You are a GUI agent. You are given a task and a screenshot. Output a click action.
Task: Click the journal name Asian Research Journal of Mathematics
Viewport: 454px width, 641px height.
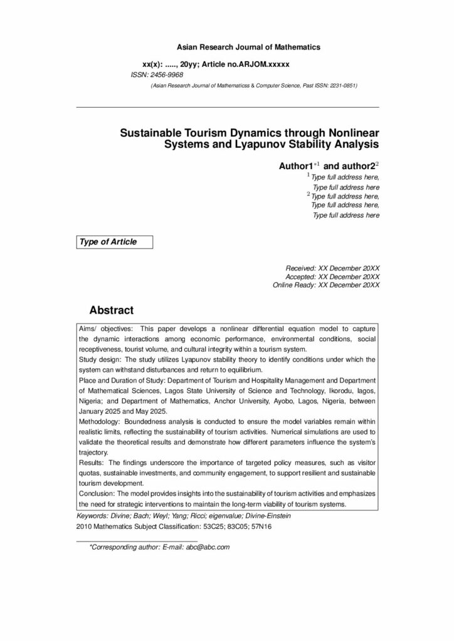click(x=248, y=47)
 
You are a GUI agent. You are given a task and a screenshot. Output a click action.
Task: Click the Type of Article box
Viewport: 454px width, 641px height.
click(x=113, y=242)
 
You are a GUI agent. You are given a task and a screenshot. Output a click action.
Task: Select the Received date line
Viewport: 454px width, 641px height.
click(x=332, y=268)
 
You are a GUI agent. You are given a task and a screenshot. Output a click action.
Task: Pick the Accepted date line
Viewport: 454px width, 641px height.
click(x=332, y=276)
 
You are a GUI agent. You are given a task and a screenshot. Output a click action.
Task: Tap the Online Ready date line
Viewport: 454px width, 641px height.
click(x=326, y=285)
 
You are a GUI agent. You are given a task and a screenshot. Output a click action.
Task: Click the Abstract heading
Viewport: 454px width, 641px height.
click(x=112, y=310)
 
